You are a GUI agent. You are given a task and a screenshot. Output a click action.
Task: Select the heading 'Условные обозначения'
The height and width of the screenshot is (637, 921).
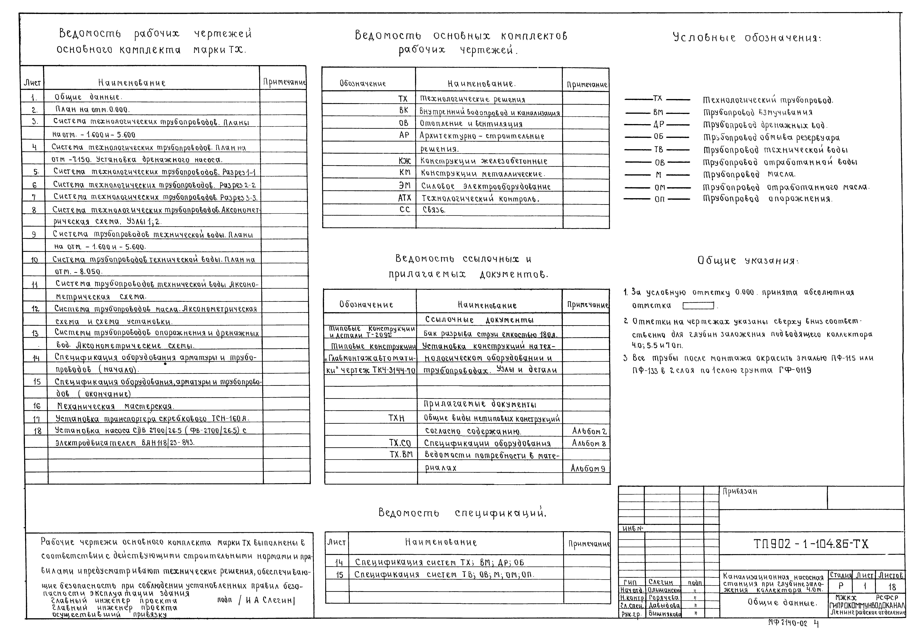pyautogui.click(x=747, y=38)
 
